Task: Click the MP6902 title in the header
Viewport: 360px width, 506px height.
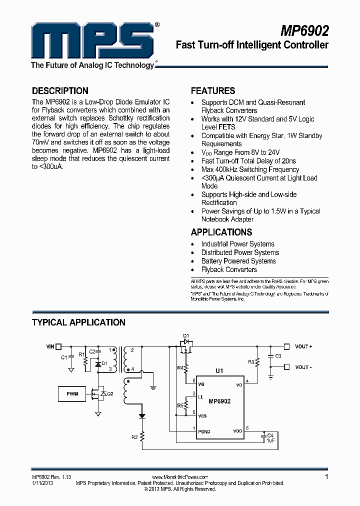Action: tap(304, 31)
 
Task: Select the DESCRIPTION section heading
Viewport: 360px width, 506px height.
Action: tap(60, 91)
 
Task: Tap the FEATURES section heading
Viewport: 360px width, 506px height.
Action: tap(213, 91)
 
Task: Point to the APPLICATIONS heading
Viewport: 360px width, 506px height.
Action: tap(221, 232)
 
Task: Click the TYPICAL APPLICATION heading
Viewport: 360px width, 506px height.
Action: tap(78, 322)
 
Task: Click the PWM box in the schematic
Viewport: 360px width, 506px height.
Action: tap(72, 393)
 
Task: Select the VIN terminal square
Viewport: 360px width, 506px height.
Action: tap(58, 346)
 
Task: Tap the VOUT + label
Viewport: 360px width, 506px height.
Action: tap(303, 346)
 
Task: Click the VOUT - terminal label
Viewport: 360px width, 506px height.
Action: tap(303, 367)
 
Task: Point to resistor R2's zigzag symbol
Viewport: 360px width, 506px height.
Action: tap(142, 437)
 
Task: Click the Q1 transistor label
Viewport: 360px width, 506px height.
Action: tap(186, 335)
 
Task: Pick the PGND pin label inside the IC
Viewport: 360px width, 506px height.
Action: tap(204, 431)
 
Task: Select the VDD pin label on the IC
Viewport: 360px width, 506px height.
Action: tap(238, 431)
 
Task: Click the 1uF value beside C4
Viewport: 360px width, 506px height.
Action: tap(270, 440)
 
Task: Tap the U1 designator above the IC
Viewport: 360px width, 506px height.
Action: tap(219, 371)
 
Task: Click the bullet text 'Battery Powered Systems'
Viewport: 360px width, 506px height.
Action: tap(238, 261)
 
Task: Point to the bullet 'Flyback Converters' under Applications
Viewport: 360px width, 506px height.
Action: tap(229, 269)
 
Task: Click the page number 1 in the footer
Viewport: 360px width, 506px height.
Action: tap(326, 477)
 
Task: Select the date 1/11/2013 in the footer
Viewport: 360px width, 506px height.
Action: tap(42, 483)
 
